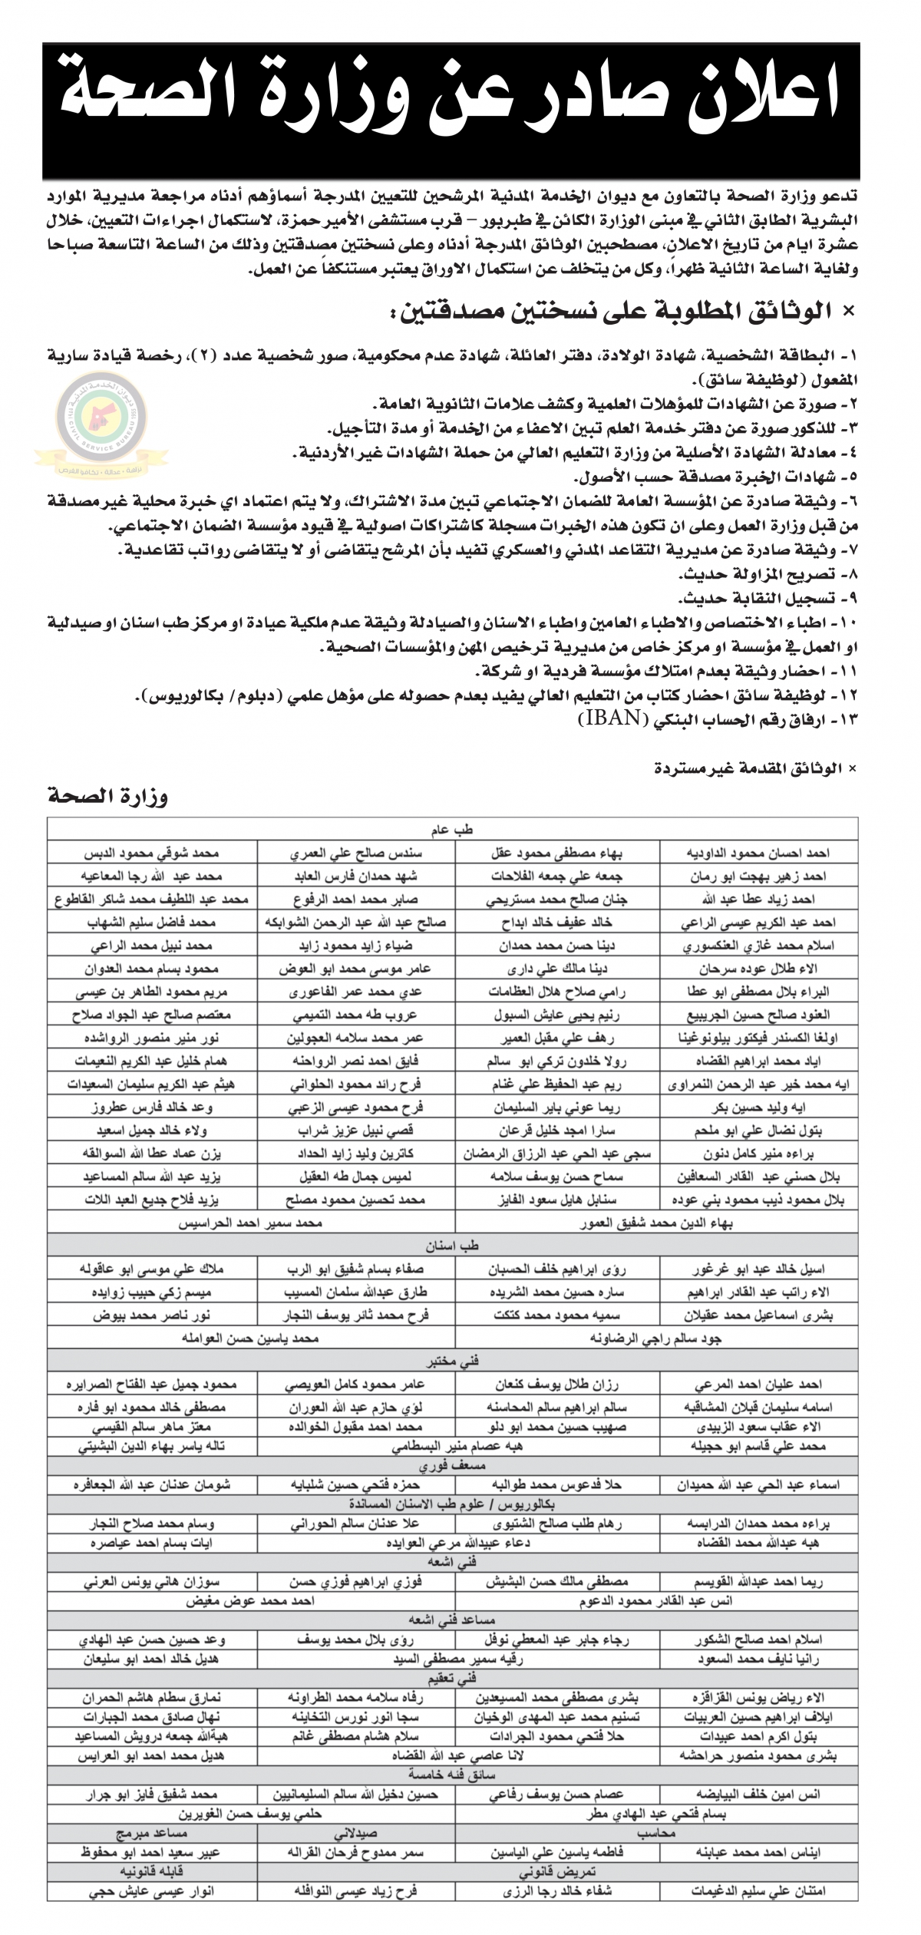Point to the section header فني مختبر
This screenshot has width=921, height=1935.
coord(453,1362)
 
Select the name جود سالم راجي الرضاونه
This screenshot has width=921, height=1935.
coord(656,1339)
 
